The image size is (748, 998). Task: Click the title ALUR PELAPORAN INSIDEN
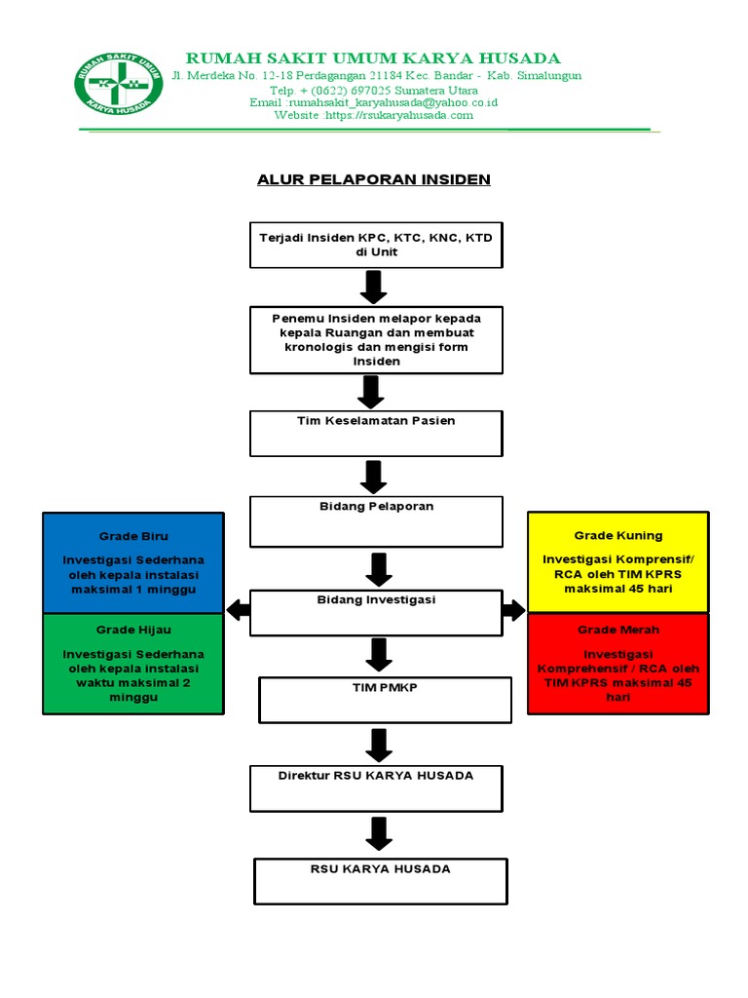pyautogui.click(x=373, y=179)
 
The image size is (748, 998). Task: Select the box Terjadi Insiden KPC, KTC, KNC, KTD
pyautogui.click(x=376, y=245)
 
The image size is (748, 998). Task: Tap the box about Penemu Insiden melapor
pyautogui.click(x=376, y=340)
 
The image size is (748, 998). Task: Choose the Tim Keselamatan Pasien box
pyautogui.click(x=376, y=433)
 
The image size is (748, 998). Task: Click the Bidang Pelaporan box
pyautogui.click(x=376, y=520)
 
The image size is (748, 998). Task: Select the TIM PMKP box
pyautogui.click(x=384, y=700)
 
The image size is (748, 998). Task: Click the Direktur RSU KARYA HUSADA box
pyautogui.click(x=376, y=787)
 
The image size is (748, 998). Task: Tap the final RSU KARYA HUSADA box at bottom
pyautogui.click(x=380, y=880)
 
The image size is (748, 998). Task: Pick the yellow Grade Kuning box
pyautogui.click(x=617, y=562)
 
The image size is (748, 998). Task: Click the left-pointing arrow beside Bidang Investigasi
pyautogui.click(x=238, y=611)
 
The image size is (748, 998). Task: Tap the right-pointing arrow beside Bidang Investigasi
pyautogui.click(x=514, y=611)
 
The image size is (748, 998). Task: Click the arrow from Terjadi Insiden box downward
pyautogui.click(x=374, y=287)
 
